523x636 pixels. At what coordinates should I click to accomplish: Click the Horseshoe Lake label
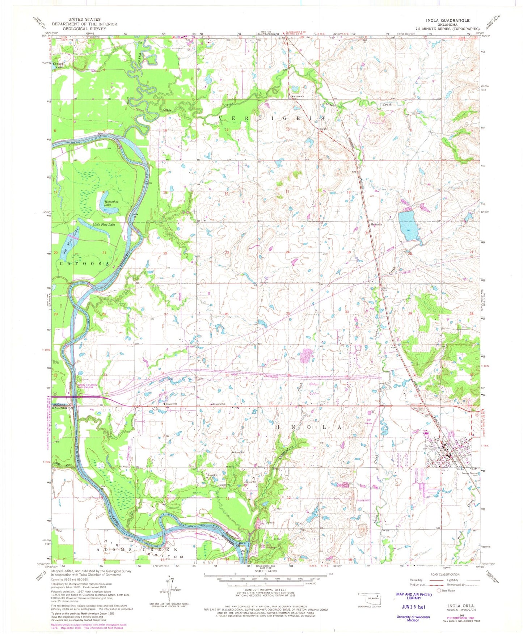pos(110,203)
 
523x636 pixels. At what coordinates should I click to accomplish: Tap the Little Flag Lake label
pos(104,225)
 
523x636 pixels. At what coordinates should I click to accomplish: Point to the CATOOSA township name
pos(84,264)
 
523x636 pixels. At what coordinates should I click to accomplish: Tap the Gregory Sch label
pos(219,404)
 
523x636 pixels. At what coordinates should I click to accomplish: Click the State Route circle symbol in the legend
pos(439,590)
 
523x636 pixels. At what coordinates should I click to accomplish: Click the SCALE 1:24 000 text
pos(265,571)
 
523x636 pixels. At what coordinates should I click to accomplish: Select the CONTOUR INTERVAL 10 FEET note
pos(265,590)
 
